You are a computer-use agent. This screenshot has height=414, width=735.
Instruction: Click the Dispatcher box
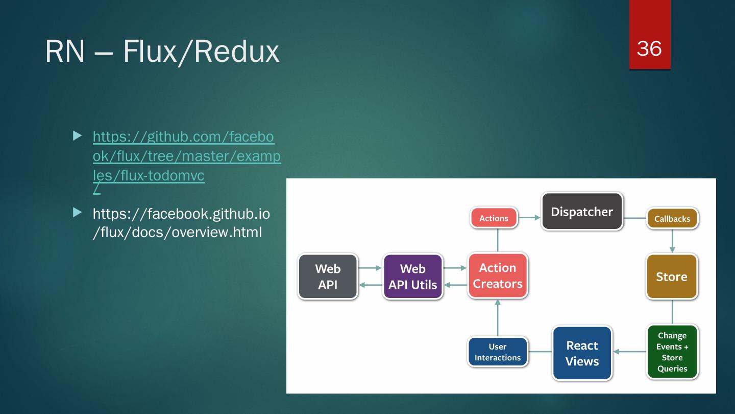[582, 211]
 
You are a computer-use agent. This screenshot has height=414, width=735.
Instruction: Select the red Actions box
[494, 218]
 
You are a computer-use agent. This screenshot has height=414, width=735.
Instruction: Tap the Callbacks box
[672, 219]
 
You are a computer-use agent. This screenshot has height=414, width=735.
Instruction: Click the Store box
[672, 277]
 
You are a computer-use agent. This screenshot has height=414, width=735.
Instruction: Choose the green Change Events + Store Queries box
[672, 352]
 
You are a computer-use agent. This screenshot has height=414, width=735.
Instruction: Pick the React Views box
[582, 353]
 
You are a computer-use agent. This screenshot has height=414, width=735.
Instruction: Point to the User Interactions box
[498, 352]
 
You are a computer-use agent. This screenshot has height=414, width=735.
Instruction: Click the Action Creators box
[498, 275]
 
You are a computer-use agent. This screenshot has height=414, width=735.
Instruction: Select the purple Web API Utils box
[412, 277]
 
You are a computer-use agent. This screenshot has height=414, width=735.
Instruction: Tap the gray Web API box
[328, 277]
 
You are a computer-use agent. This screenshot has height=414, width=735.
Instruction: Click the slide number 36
[649, 48]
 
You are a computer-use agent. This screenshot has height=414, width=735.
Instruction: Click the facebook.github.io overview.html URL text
[181, 223]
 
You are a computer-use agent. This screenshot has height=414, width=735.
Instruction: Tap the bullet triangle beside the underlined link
[77, 136]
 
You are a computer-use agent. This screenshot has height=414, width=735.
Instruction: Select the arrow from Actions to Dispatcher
[530, 218]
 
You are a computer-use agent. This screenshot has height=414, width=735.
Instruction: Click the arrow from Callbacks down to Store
[672, 241]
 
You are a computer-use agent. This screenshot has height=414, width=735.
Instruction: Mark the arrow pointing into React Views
[628, 352]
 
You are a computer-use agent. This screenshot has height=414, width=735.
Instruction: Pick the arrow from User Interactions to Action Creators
[498, 317]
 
